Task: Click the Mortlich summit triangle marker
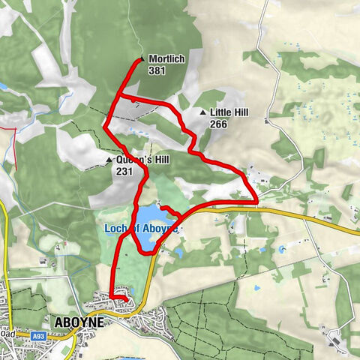[x=142, y=58]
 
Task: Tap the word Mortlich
[x=164, y=58]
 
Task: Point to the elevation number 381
[x=157, y=70]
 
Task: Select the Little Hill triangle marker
[x=202, y=113]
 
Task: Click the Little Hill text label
[x=229, y=113]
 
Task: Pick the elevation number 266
[x=218, y=125]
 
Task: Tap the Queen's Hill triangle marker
[x=109, y=160]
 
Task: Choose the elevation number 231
[x=124, y=172]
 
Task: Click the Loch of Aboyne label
[x=139, y=227]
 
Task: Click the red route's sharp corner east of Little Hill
[x=257, y=200]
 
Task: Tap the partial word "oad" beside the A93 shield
[x=10, y=337]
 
